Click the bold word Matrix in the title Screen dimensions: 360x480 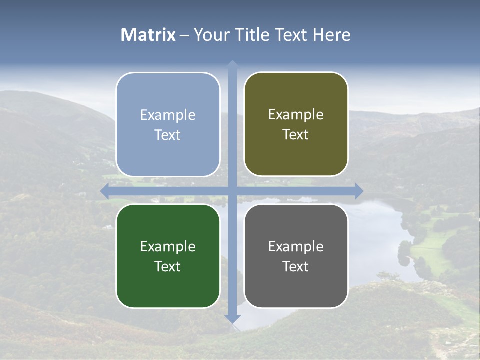[148, 35]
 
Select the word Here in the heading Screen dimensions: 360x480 [331, 35]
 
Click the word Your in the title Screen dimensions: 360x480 [212, 35]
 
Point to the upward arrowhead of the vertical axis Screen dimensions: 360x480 [232, 64]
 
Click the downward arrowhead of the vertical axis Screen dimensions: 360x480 [232, 319]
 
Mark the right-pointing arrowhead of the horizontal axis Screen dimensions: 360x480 [359, 191]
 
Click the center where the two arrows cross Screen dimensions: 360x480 [232, 191]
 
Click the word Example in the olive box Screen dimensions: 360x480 [296, 115]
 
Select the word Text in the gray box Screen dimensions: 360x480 [296, 267]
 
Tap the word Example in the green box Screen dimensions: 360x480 [168, 247]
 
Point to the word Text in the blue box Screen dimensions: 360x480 [168, 135]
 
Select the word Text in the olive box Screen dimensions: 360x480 [296, 135]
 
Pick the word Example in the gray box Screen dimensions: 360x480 [296, 247]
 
